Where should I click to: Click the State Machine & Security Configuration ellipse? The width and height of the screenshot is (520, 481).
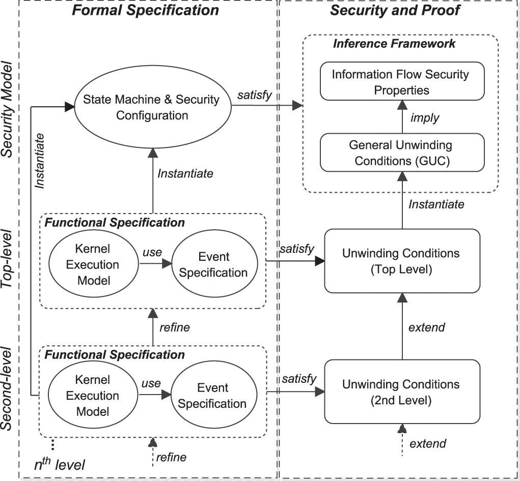(x=152, y=107)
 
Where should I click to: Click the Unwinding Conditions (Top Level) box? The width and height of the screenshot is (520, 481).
(x=402, y=261)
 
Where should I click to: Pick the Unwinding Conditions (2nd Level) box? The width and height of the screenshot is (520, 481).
(x=402, y=392)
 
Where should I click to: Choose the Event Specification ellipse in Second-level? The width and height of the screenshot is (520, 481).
(x=213, y=396)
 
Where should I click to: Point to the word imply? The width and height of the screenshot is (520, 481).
(x=425, y=117)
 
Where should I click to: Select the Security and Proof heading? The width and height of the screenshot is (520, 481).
(x=395, y=10)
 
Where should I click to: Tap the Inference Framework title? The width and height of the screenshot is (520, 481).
(x=394, y=43)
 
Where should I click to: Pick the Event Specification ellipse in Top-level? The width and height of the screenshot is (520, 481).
(x=213, y=264)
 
